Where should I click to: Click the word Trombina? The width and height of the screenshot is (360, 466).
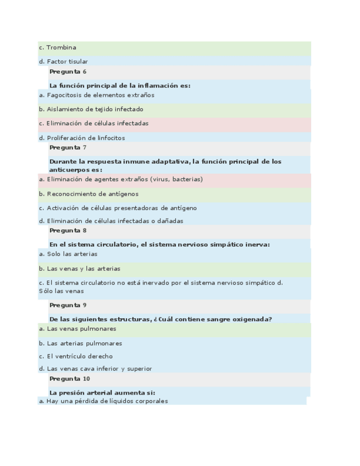tap(61, 48)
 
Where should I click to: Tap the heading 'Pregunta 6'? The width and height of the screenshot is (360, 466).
tap(68, 71)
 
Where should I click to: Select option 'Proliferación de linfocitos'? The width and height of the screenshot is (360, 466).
tap(82, 138)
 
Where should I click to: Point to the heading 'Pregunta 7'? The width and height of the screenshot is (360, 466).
tap(68, 147)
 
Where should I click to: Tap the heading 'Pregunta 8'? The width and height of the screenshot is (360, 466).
tap(68, 231)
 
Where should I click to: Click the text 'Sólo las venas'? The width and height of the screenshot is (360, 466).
tap(61, 291)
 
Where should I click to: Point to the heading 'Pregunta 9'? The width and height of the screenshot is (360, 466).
tap(68, 305)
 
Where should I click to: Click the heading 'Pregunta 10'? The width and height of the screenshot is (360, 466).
tap(69, 379)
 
